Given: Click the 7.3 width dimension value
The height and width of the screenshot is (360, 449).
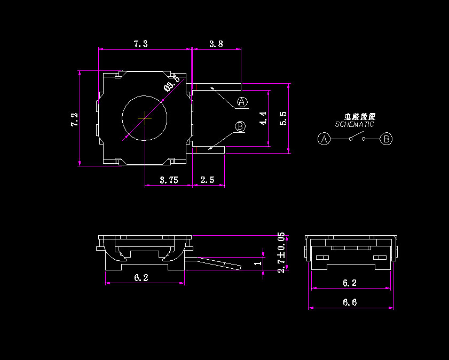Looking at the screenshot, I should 140,44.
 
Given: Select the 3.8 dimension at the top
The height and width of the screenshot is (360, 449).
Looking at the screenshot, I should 216,44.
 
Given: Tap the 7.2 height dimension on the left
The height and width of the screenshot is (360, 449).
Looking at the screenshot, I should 75,119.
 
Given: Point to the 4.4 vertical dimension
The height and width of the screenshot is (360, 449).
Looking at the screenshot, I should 262,118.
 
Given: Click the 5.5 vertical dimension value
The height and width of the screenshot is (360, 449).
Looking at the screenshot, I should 283,118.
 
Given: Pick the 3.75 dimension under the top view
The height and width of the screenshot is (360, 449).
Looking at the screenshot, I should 169,180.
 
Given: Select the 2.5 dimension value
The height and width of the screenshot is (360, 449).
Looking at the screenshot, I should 207,180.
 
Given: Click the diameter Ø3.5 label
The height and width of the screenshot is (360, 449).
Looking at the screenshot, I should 171,84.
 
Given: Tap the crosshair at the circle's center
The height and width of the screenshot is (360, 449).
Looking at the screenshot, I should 144,118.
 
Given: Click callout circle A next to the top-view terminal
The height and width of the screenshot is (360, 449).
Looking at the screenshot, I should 242,102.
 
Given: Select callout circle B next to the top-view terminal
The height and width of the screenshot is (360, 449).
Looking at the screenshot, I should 240,126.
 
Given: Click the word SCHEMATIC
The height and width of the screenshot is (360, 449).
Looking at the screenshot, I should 355,124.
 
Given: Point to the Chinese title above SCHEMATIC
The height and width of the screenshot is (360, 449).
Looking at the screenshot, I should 359,116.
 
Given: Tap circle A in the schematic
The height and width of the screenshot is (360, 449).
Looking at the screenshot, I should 324,139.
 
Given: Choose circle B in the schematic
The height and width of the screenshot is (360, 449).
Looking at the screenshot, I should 387,139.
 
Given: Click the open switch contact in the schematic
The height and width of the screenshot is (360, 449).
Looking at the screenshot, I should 357,138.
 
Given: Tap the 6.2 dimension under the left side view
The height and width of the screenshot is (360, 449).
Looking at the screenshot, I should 141,277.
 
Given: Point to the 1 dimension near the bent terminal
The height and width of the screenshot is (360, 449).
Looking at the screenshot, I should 258,263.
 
